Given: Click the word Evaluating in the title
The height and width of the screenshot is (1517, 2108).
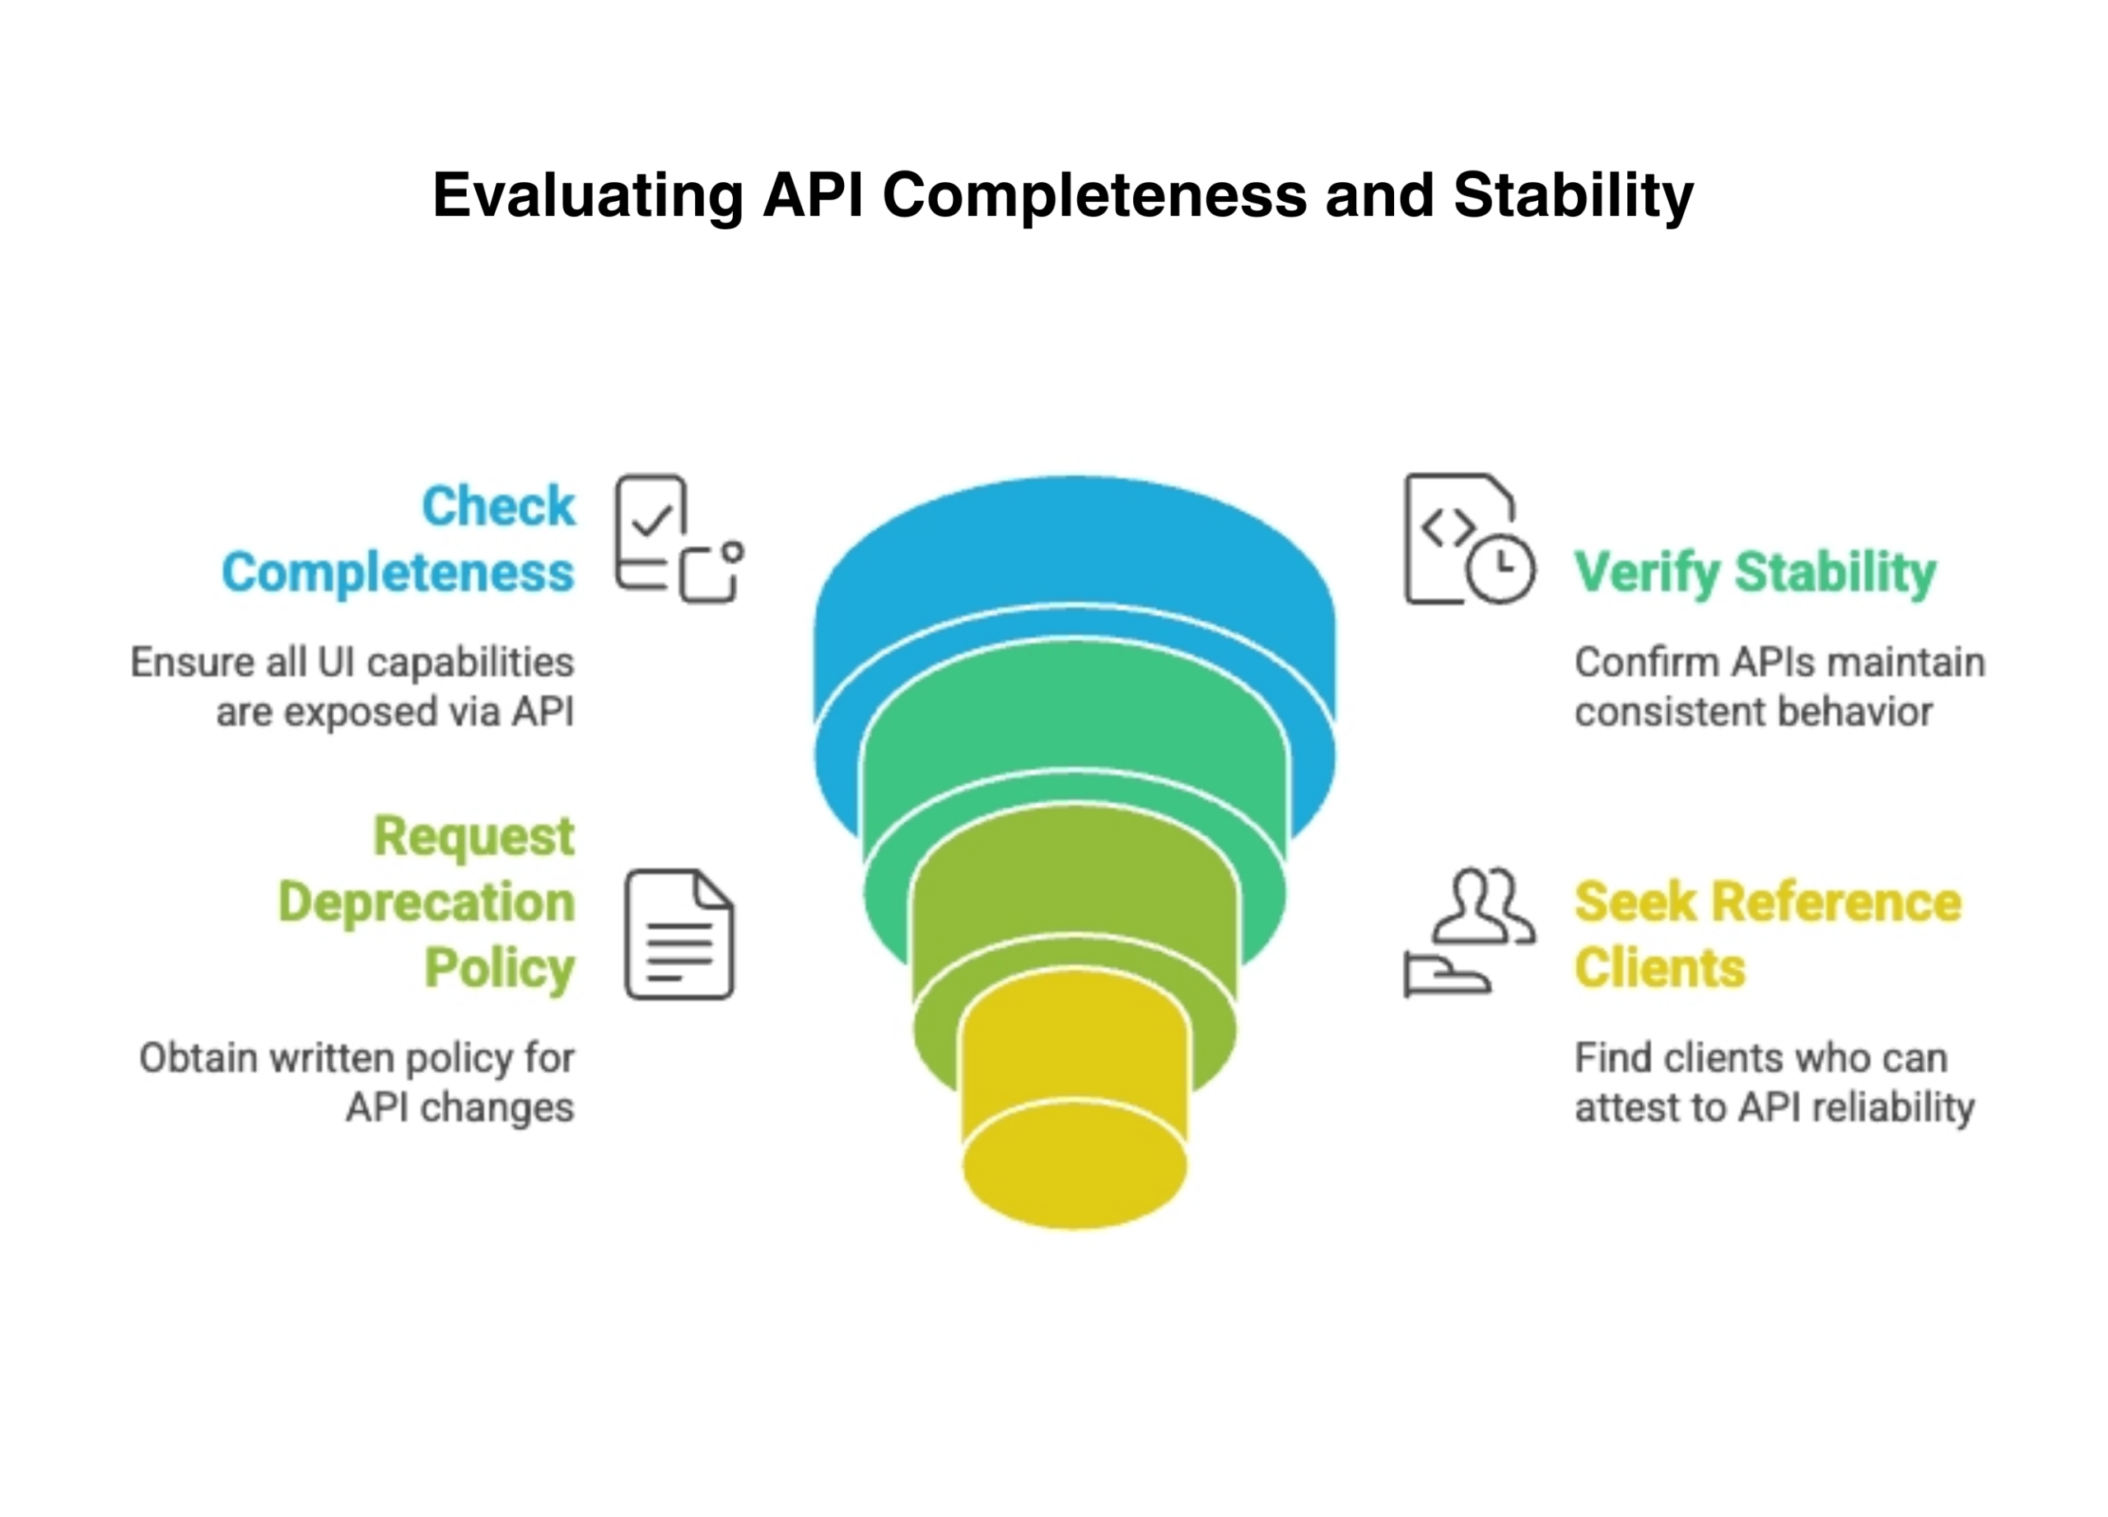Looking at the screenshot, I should click(x=587, y=196).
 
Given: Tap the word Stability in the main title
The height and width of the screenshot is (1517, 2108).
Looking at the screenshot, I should click(x=1573, y=196).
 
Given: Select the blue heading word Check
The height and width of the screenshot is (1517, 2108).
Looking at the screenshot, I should click(x=498, y=506).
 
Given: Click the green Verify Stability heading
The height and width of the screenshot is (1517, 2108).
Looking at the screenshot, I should click(x=1754, y=572).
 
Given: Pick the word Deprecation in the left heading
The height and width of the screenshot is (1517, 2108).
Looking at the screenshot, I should click(x=427, y=903).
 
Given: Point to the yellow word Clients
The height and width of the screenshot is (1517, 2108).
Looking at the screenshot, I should click(x=1659, y=969).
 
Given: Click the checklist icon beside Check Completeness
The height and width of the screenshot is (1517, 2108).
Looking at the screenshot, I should click(x=678, y=539).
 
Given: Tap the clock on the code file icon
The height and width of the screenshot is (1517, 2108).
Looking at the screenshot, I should click(x=1500, y=568).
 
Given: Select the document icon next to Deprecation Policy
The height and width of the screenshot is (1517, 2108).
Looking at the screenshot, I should click(x=679, y=934).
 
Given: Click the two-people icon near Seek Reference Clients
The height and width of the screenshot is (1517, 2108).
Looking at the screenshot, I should click(x=1481, y=905).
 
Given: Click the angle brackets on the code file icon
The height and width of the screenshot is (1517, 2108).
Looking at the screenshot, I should click(x=1448, y=528).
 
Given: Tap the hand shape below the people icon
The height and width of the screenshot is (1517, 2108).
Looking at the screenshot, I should click(x=1446, y=976).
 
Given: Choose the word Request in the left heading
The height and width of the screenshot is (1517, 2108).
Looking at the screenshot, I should click(x=474, y=837).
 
